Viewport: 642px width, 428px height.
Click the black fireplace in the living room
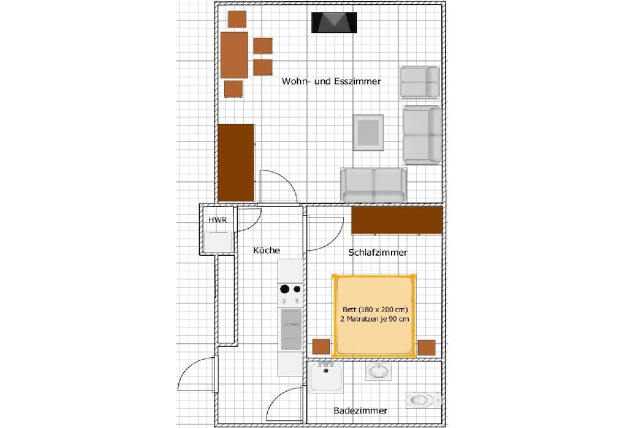click(334, 23)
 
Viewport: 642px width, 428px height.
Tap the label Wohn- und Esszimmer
click(331, 81)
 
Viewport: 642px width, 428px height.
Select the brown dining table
click(234, 55)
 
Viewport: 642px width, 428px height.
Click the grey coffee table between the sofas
click(369, 133)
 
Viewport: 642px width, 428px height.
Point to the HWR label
click(218, 220)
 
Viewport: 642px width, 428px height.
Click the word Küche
click(266, 250)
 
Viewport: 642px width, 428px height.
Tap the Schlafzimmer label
click(377, 253)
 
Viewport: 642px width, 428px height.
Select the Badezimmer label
click(360, 410)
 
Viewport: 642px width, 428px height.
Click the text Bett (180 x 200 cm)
click(375, 310)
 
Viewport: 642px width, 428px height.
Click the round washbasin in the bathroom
click(378, 371)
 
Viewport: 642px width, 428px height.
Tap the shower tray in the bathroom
click(325, 377)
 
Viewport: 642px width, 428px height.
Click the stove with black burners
click(290, 295)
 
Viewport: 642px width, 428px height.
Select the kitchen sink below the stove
click(291, 330)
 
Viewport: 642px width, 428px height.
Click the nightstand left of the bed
click(321, 347)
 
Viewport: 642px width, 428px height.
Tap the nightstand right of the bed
click(426, 347)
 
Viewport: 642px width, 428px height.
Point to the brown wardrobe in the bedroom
click(397, 221)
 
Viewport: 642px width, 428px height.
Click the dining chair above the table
click(237, 19)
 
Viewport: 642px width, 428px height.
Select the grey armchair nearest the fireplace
click(419, 82)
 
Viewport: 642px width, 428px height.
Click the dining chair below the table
click(233, 89)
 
